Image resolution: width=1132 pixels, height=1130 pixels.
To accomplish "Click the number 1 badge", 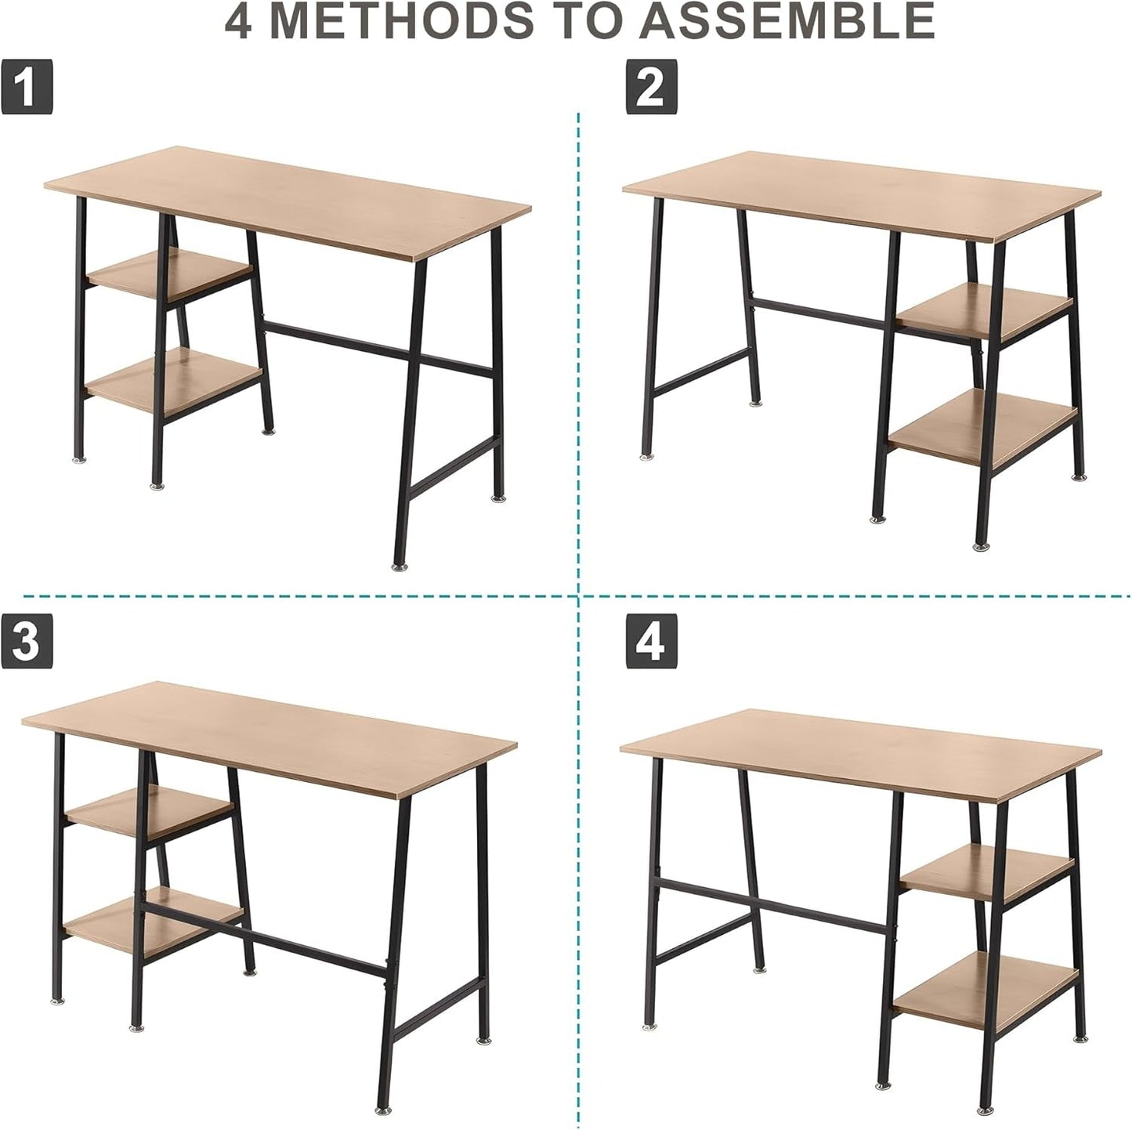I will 27,89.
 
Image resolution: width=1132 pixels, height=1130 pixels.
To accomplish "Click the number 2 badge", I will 651,89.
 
